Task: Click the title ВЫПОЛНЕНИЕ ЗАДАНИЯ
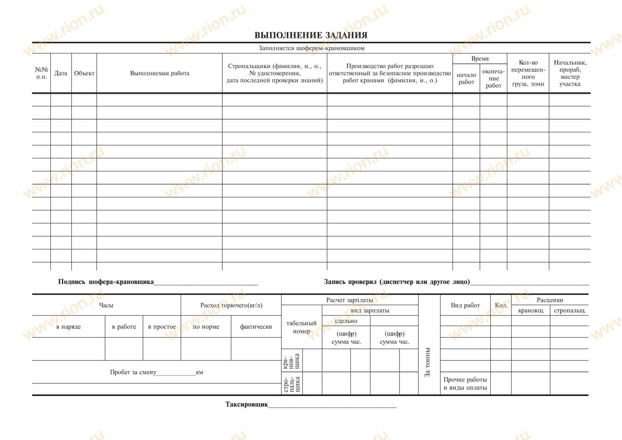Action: pos(311,35)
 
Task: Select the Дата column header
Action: pos(61,73)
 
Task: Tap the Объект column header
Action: pos(84,73)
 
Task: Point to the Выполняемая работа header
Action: pos(160,73)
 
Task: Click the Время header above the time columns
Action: pos(480,59)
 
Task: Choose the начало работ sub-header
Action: pos(466,78)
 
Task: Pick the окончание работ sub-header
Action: pos(493,78)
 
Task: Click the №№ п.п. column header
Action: pos(41,73)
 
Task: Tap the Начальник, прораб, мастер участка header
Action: pos(570,73)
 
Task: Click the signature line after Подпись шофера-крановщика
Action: pos(206,282)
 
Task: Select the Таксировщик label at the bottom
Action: pos(247,405)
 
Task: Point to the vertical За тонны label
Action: pos(428,362)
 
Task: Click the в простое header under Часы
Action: pos(162,327)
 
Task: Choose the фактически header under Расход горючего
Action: pos(256,327)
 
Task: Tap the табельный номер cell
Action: pos(301,327)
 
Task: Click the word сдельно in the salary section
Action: pos(346,321)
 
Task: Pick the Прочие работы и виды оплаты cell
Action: pos(465,384)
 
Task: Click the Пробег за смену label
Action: pos(133,373)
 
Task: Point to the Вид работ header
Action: pos(465,306)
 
